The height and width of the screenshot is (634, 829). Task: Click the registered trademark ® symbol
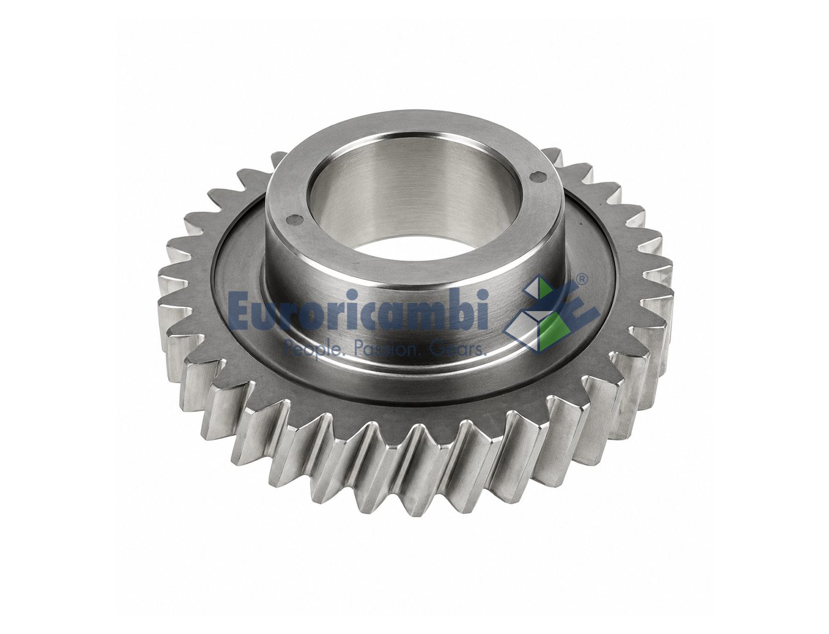pyautogui.click(x=581, y=279)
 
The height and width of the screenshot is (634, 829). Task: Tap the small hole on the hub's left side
pyautogui.click(x=293, y=218)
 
